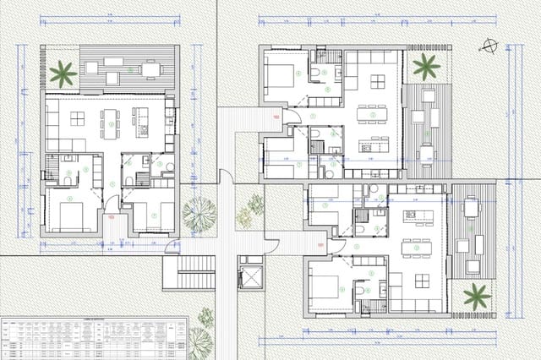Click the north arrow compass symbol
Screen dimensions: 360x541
click(489, 45)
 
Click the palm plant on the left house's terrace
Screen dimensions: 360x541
click(63, 73)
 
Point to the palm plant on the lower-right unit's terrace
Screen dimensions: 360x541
click(477, 296)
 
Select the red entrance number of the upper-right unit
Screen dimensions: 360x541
click(276, 116)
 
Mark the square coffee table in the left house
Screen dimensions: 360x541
click(77, 118)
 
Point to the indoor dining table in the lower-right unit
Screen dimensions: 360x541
click(415, 248)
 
